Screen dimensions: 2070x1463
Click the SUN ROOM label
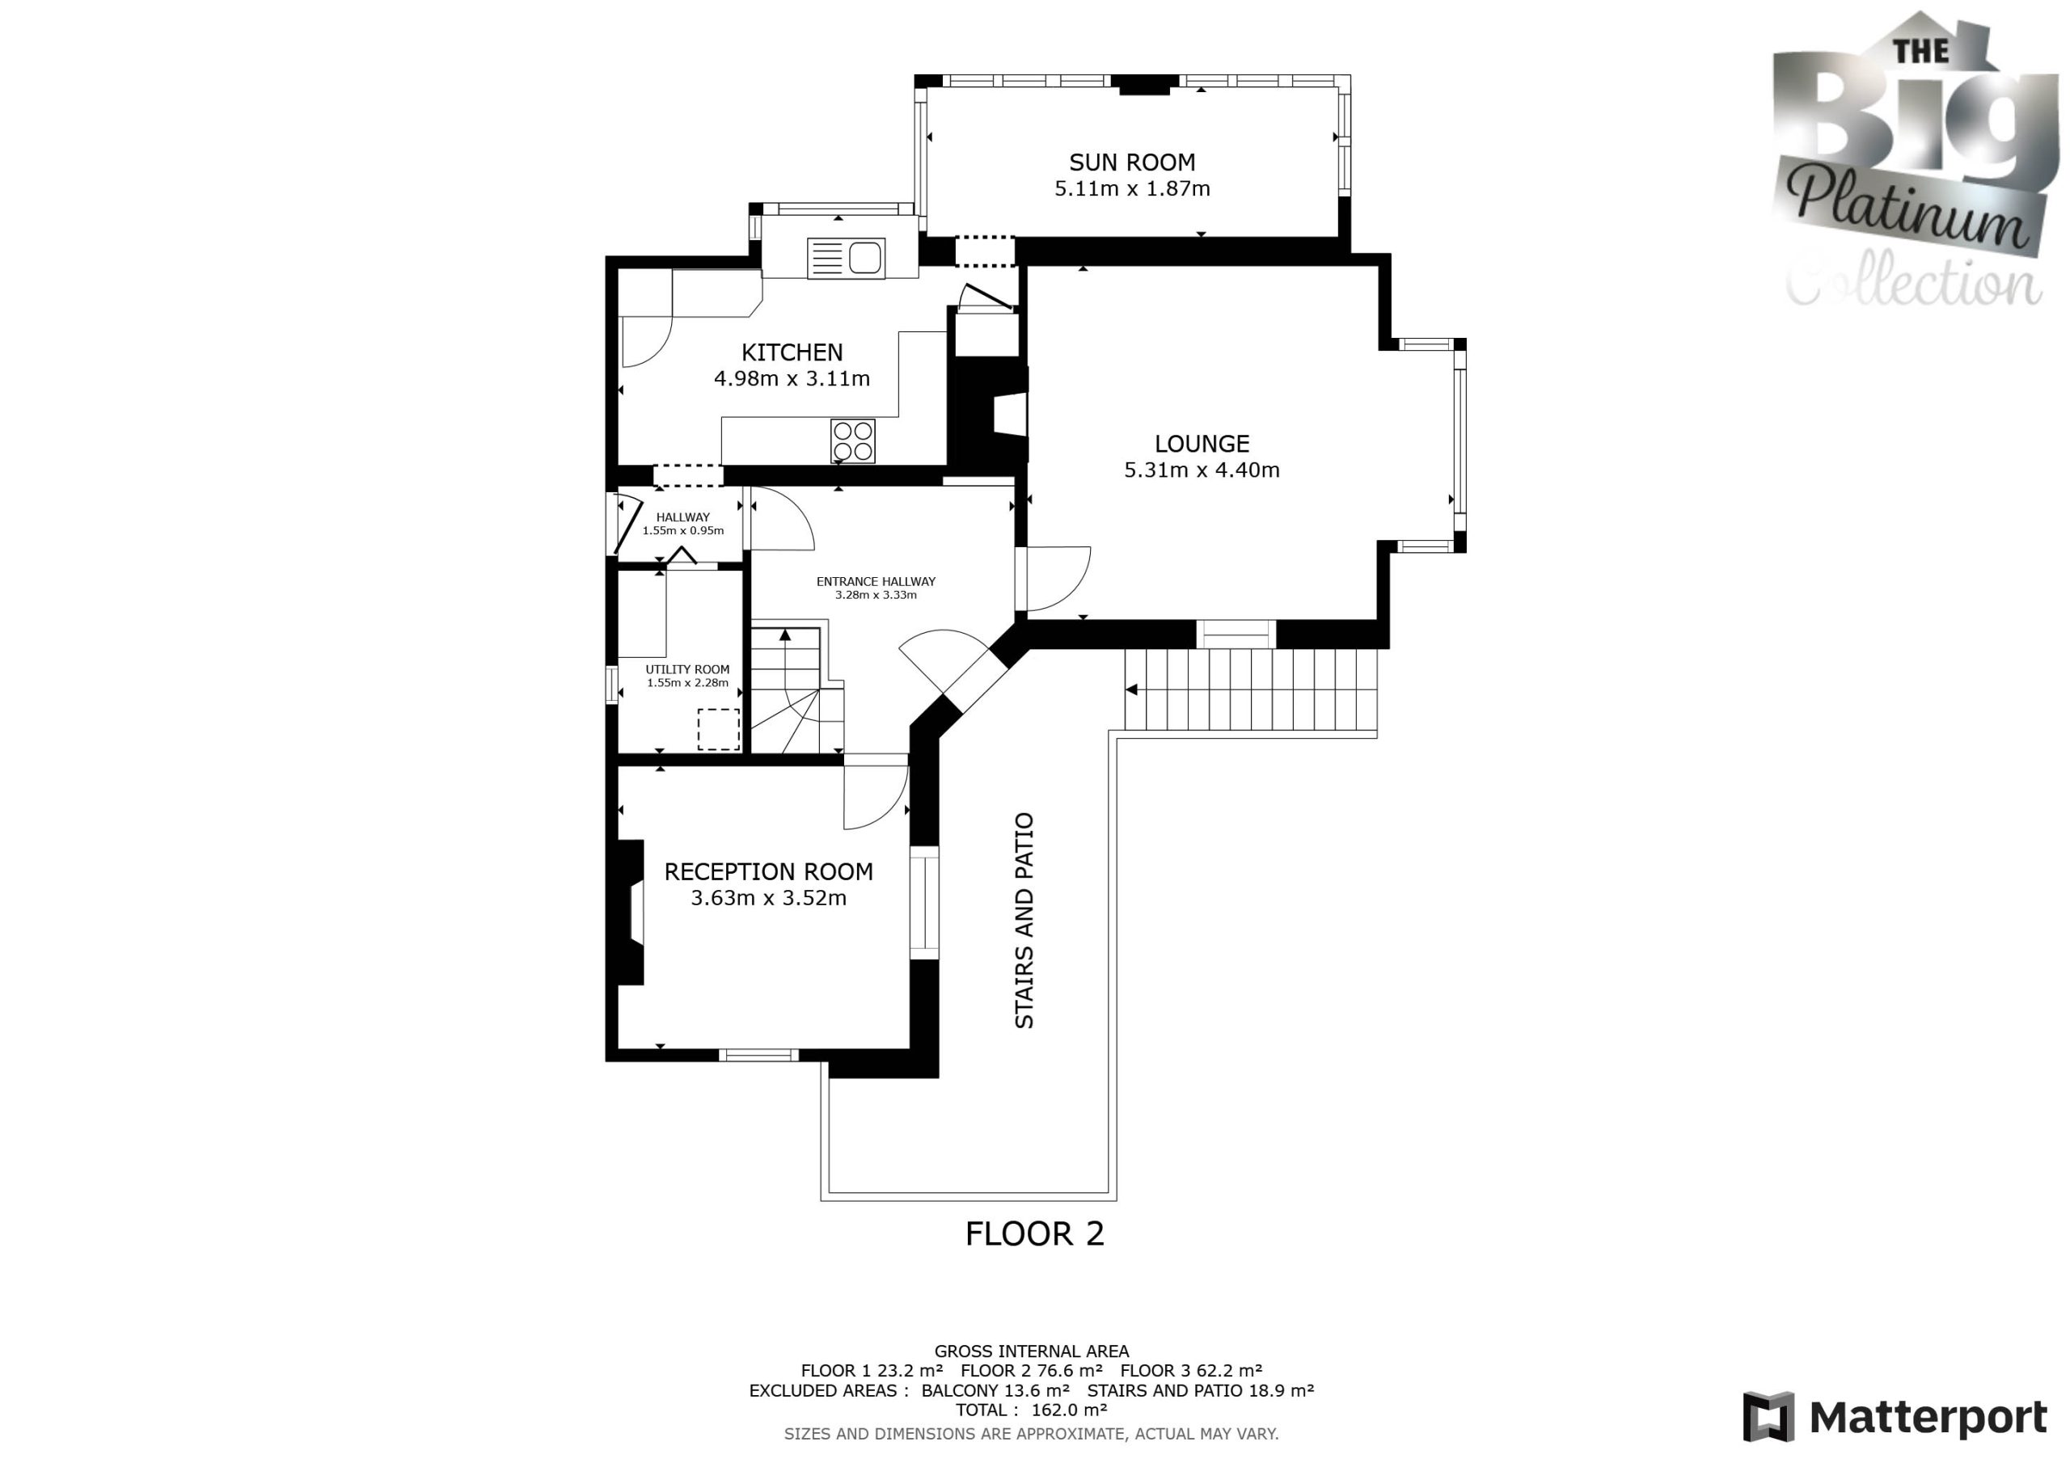coord(1131,162)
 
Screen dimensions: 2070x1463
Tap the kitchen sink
coord(847,258)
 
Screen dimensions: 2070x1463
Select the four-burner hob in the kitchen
coord(853,441)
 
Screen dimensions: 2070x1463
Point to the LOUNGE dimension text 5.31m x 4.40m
coord(1202,470)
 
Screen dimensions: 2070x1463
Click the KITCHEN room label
coord(792,352)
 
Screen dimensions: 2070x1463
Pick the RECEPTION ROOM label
coord(768,871)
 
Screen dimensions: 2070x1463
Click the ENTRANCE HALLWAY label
coord(876,581)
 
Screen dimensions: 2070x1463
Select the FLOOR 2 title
coord(1034,1234)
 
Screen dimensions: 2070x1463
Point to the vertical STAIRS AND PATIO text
coord(1024,921)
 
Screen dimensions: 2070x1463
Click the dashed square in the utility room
coord(719,729)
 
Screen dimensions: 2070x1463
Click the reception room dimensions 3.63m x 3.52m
coord(768,898)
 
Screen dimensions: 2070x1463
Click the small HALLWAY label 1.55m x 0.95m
coord(682,524)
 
